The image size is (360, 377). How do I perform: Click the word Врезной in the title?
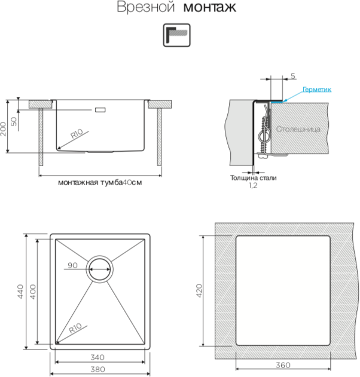tap(145, 7)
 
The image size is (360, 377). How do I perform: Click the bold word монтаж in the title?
tap(209, 7)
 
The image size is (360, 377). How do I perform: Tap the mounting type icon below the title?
tap(176, 35)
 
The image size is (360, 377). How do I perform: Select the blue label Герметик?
tap(317, 90)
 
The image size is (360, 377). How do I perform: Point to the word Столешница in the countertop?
tap(298, 129)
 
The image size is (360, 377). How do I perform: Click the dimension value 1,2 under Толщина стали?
tap(253, 185)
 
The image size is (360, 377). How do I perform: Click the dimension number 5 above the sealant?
tap(293, 76)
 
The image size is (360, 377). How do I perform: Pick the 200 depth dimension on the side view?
tap(3, 129)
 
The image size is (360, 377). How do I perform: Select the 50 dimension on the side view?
tap(14, 121)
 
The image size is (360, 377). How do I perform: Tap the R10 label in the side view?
tap(77, 134)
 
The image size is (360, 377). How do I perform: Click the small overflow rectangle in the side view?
tap(100, 110)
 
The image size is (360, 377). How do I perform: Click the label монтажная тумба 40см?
tap(100, 182)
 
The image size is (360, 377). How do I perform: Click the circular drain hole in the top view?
tap(100, 269)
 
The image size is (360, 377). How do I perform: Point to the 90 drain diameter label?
tap(72, 265)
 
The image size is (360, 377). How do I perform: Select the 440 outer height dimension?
tap(20, 292)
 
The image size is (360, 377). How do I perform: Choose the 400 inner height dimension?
tap(32, 292)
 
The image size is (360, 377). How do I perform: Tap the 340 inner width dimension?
tap(97, 357)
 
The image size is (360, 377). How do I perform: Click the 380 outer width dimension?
tap(97, 369)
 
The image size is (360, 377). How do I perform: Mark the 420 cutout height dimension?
tap(199, 291)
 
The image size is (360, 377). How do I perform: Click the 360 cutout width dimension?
tap(283, 365)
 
